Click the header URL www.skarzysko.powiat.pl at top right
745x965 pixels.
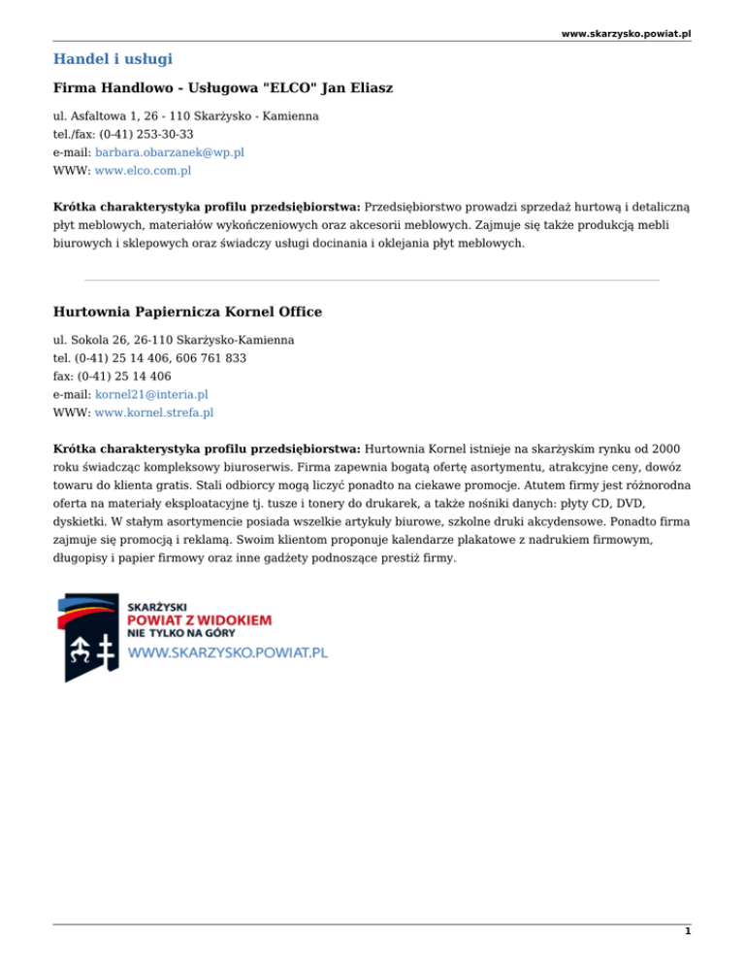(x=626, y=33)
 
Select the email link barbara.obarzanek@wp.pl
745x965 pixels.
(x=169, y=152)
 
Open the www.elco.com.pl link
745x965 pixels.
(x=143, y=171)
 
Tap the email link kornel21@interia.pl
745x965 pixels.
(x=151, y=394)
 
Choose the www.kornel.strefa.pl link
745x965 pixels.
(x=154, y=413)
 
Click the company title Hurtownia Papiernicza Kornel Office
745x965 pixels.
(x=187, y=313)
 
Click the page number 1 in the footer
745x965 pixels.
(x=687, y=933)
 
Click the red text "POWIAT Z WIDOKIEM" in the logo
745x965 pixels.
(x=199, y=619)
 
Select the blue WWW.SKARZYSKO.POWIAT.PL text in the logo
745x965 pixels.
(x=228, y=652)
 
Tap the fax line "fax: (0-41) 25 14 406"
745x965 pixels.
(x=113, y=376)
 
